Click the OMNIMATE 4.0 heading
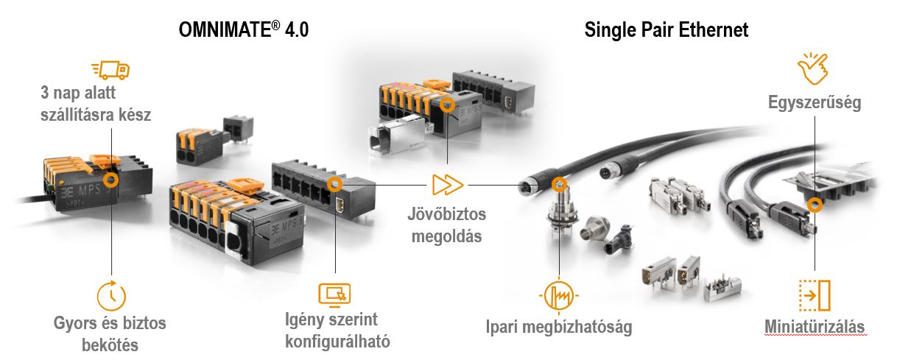(244, 29)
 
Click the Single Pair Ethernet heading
(666, 30)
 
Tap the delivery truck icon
(110, 70)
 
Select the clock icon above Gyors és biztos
(111, 296)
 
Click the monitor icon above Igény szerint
(335, 295)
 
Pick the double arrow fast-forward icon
(448, 185)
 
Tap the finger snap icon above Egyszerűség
(813, 68)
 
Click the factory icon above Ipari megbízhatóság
(559, 296)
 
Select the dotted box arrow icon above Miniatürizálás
(815, 295)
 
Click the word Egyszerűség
(815, 102)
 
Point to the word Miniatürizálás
(815, 326)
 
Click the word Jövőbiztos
(447, 214)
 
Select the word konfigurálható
(337, 342)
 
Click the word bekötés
(110, 345)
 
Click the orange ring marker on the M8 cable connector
(560, 185)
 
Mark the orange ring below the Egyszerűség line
(815, 205)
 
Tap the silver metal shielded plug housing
(396, 137)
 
